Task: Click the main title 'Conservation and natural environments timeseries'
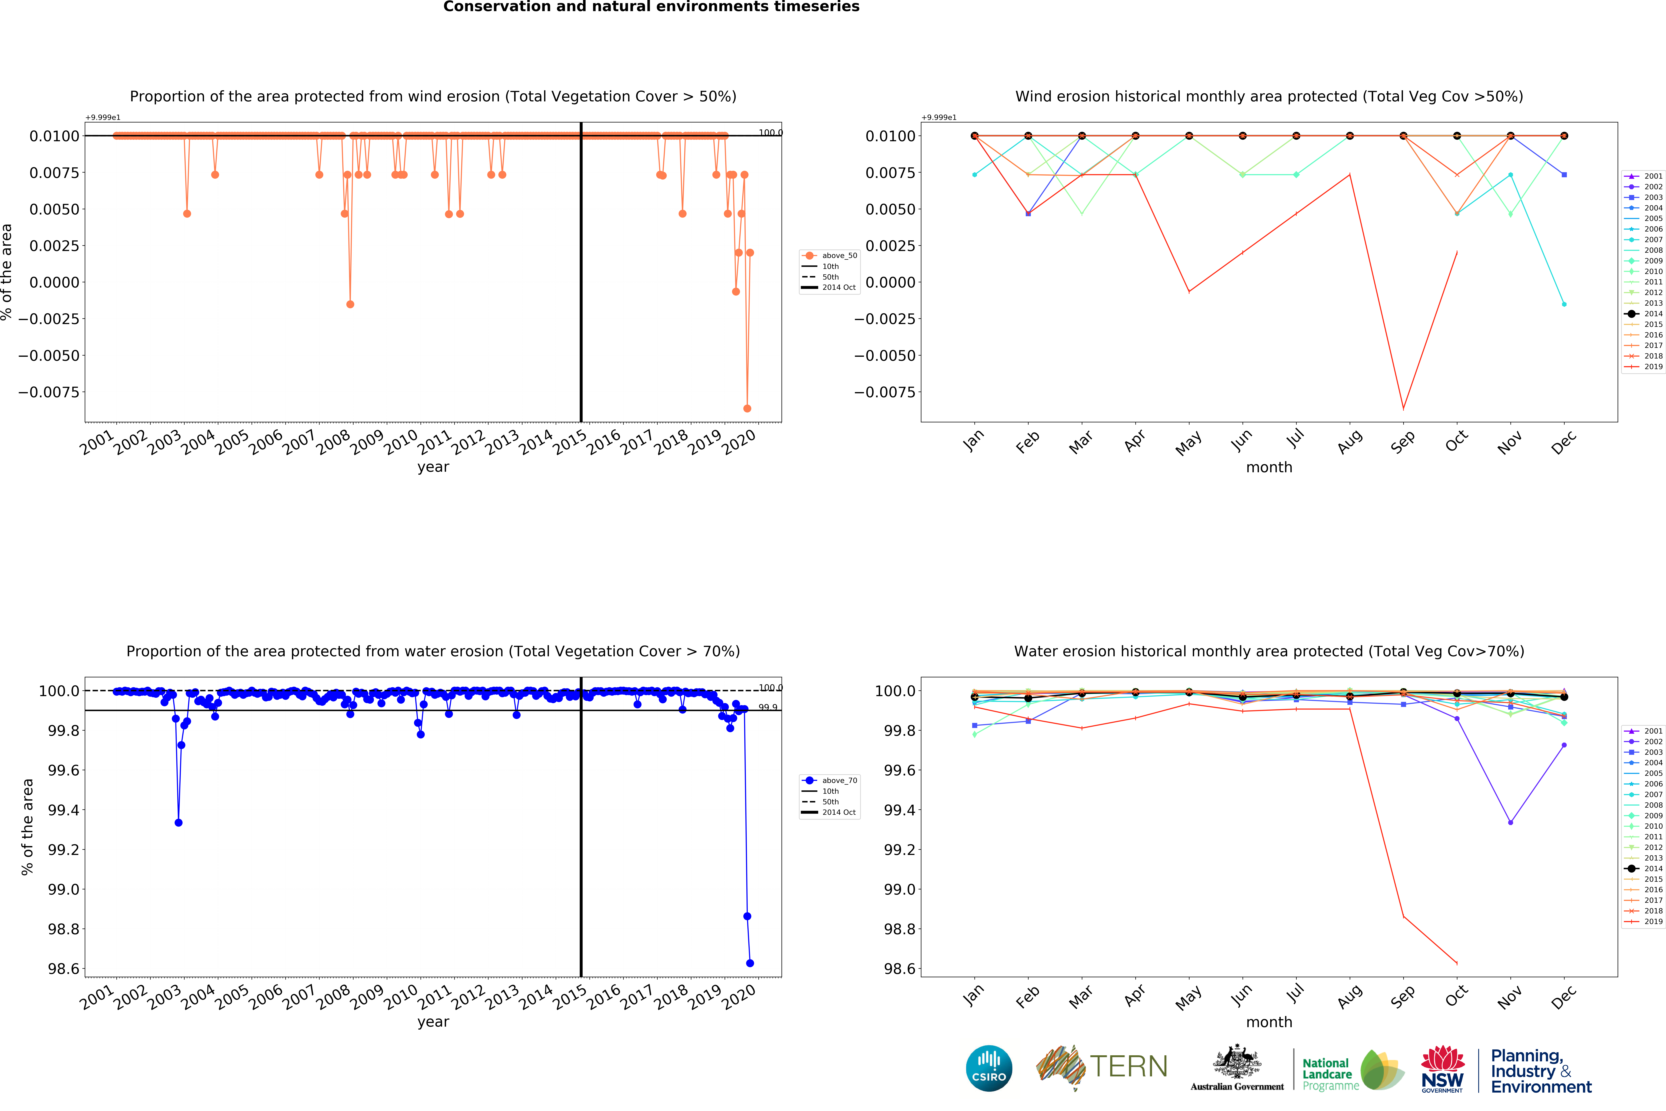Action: pyautogui.click(x=651, y=7)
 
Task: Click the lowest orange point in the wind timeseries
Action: pyautogui.click(x=747, y=408)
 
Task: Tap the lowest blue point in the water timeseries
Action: pyautogui.click(x=750, y=963)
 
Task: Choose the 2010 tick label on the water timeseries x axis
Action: pyautogui.click(x=401, y=997)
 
